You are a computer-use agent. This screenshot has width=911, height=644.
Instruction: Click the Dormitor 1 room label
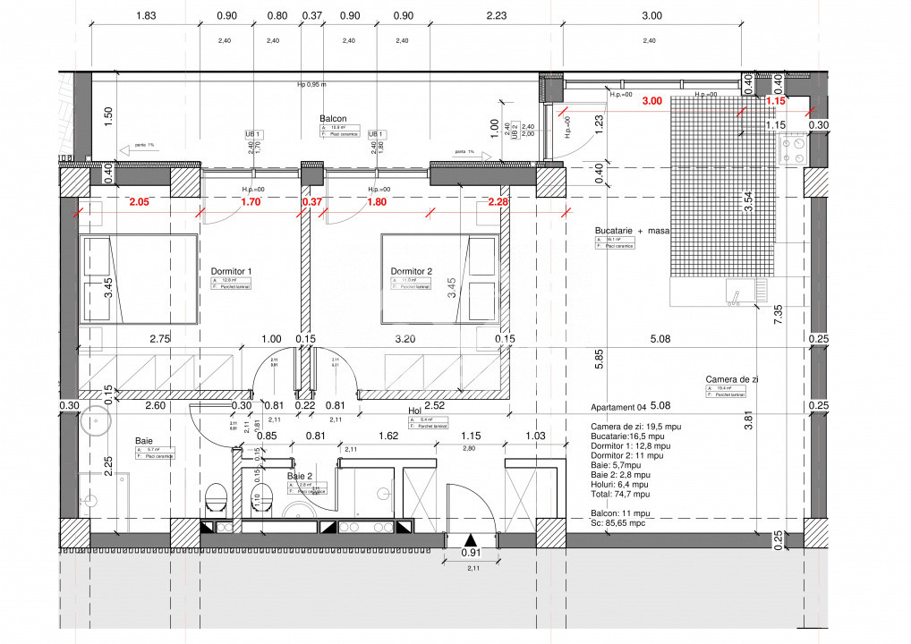[231, 271]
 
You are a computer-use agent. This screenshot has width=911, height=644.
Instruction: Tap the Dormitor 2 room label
[411, 271]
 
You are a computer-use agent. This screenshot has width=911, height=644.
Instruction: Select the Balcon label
[333, 118]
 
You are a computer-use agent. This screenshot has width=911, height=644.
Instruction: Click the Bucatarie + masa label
[632, 231]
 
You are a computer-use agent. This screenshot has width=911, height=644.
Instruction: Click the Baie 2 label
[300, 477]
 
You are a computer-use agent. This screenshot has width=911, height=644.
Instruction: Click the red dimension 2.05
[138, 202]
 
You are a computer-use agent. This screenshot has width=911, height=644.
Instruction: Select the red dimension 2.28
[498, 202]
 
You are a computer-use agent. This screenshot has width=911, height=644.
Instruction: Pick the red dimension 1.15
[775, 101]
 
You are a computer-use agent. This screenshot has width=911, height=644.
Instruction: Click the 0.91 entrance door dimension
[471, 553]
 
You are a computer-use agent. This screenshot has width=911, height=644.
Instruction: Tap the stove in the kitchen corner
[793, 149]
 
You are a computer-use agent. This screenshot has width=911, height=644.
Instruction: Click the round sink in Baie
[93, 419]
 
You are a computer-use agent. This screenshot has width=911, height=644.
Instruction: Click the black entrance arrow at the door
[471, 539]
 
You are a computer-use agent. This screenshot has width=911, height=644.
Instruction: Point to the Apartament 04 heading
[622, 406]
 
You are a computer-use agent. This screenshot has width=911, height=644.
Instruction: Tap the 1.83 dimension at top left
[146, 15]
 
